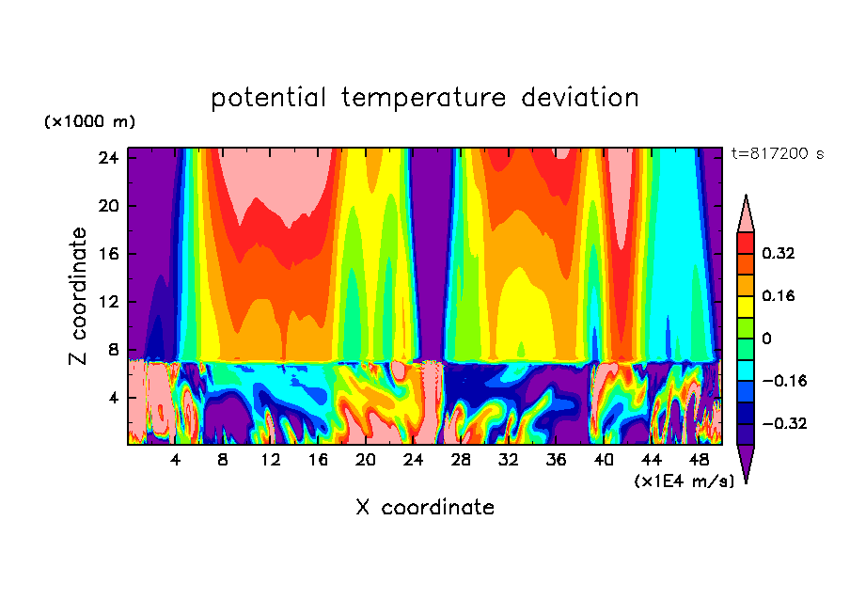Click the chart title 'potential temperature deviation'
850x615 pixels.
425,98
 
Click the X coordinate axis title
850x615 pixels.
425,508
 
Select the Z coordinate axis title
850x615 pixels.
80,296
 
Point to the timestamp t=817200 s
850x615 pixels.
777,153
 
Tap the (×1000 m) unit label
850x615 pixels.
89,122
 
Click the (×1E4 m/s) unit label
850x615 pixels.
684,481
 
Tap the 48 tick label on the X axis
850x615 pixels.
700,461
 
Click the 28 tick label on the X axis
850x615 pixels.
461,461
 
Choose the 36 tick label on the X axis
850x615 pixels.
557,461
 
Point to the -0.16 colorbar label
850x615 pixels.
783,381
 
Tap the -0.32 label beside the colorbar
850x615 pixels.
783,423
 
